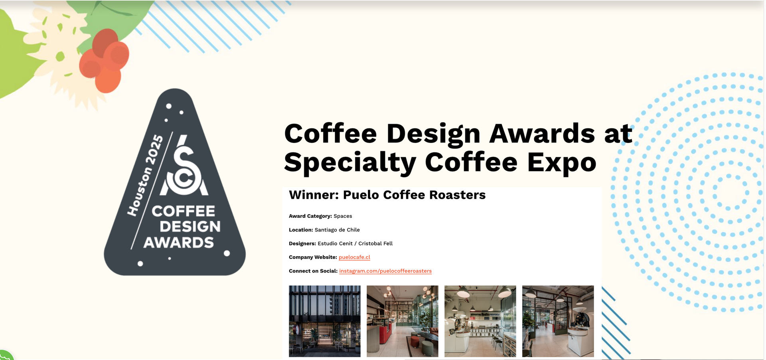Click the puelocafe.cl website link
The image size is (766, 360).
pos(354,257)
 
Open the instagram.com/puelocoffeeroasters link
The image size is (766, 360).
pos(385,271)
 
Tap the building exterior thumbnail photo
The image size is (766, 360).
pos(325,321)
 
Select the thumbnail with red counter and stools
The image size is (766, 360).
pos(403,321)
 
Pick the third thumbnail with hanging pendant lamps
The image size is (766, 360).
pos(480,321)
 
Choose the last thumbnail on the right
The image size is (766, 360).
pos(558,321)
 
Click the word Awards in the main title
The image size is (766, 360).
pos(542,133)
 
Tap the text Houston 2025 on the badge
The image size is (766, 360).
pos(145,175)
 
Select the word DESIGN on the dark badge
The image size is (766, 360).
pos(190,227)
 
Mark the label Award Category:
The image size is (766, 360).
pos(310,216)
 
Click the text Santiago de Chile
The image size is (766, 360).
pos(337,230)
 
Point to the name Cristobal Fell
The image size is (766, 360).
pos(375,243)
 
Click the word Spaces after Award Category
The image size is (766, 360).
pos(343,216)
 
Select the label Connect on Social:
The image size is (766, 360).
pos(313,271)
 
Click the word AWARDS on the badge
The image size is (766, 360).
pos(179,243)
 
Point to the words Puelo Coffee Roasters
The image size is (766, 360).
pos(414,195)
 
